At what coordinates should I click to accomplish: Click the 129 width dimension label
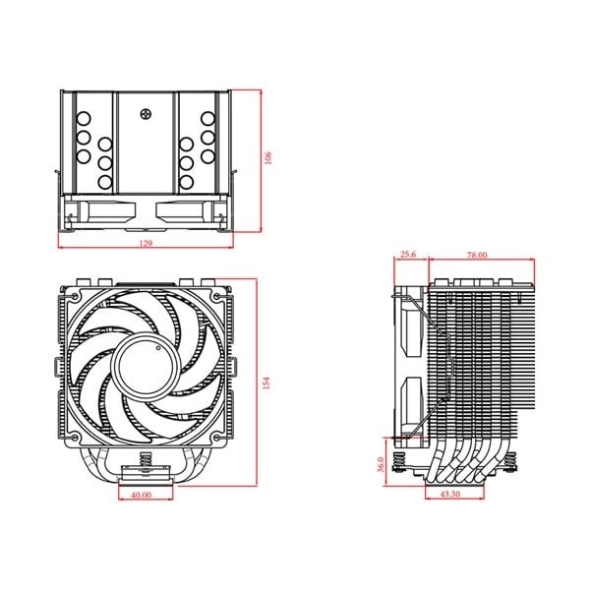(x=146, y=242)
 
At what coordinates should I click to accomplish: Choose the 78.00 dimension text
(x=476, y=256)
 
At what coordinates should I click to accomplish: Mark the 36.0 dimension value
(x=381, y=464)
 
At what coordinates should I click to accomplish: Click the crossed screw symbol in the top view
(x=146, y=112)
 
